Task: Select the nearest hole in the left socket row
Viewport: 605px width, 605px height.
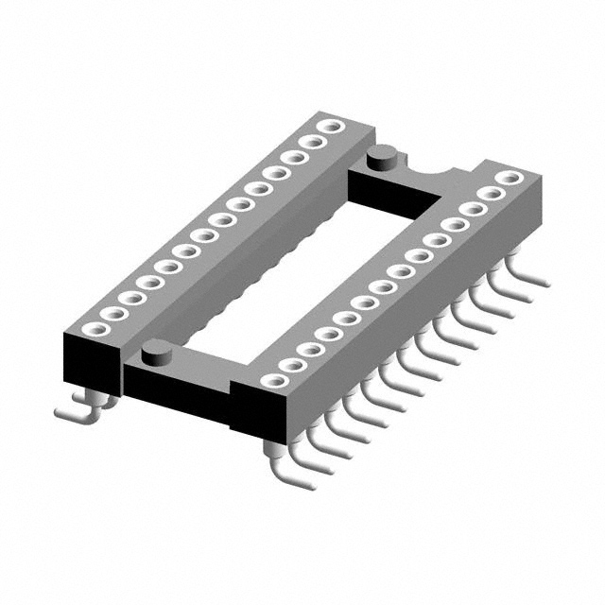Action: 93,329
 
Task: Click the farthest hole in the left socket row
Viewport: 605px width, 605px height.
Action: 330,126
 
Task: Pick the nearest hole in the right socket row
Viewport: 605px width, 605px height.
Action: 274,380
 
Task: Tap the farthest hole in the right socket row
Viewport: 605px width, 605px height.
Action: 510,178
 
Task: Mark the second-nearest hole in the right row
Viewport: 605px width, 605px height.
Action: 292,365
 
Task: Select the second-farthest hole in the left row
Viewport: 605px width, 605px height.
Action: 312,142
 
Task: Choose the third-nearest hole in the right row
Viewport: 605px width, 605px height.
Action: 310,349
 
